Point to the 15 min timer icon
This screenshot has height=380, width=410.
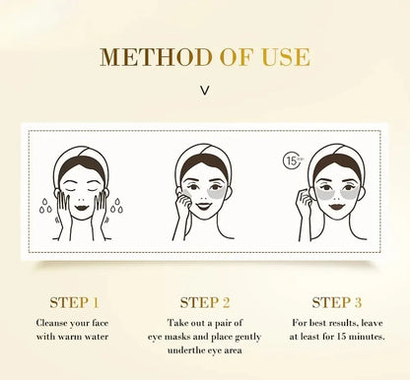pos(292,160)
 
